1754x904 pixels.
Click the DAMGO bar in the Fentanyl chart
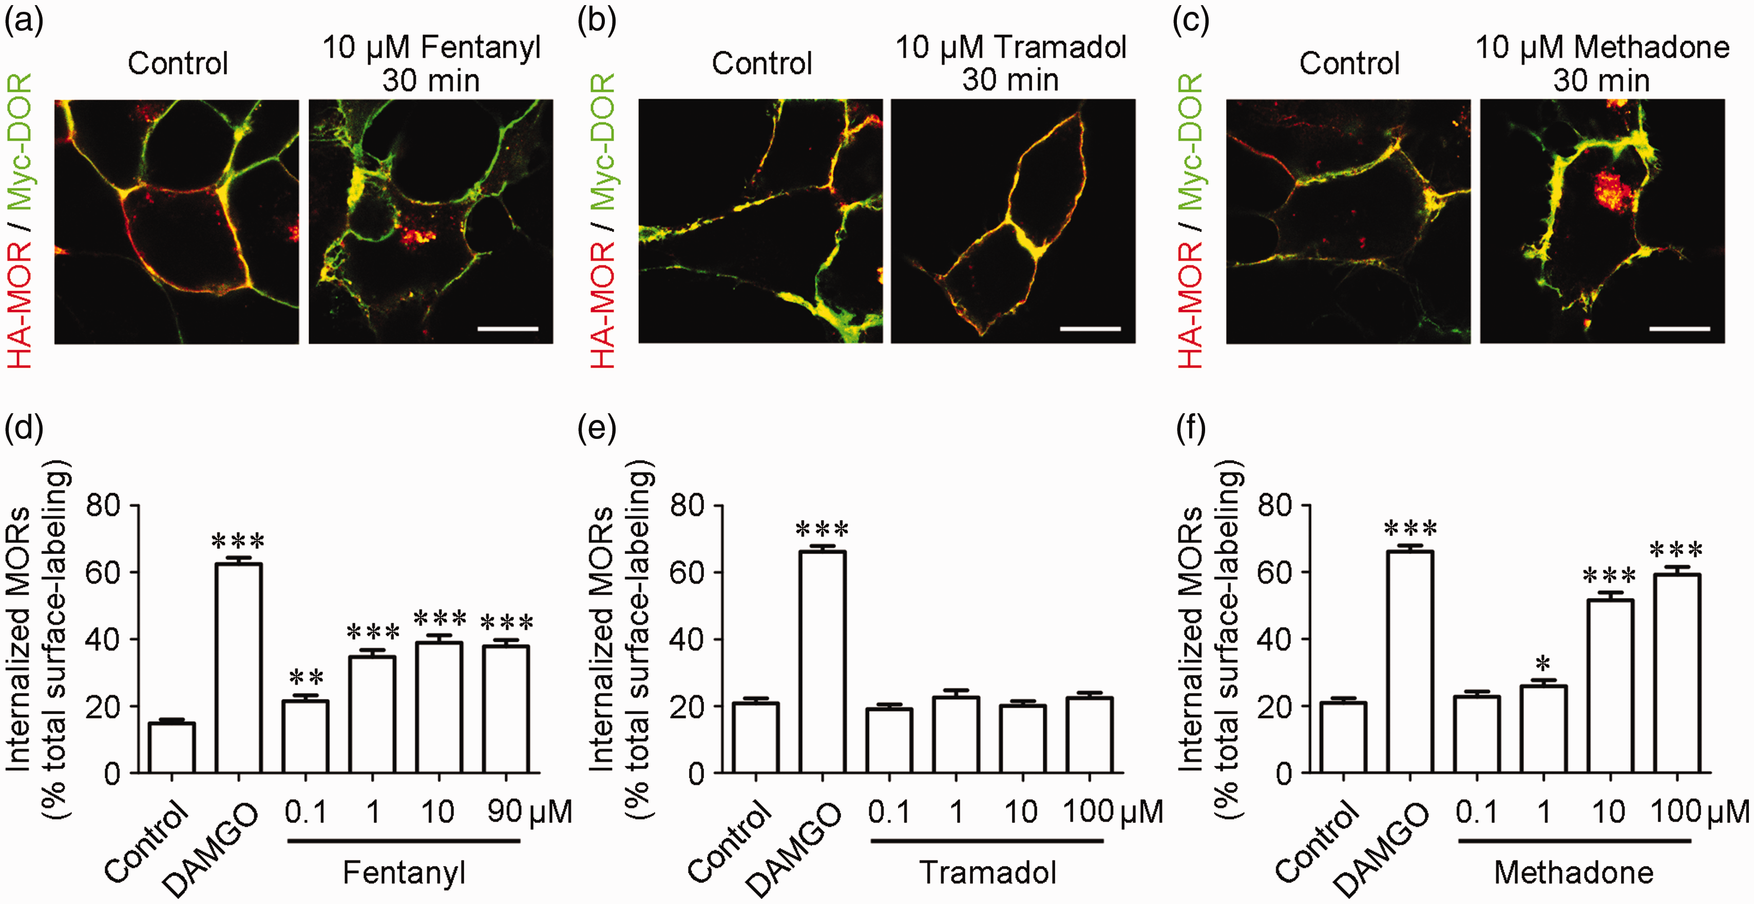point(238,667)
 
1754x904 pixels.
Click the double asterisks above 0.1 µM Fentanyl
point(306,677)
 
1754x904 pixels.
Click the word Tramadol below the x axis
point(988,872)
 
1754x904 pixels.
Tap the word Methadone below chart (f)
point(1574,872)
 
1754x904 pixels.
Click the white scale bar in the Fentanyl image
point(508,329)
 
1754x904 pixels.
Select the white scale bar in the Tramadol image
point(1091,329)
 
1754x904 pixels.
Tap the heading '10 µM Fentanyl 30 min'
point(431,63)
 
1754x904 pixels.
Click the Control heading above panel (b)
point(762,63)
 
